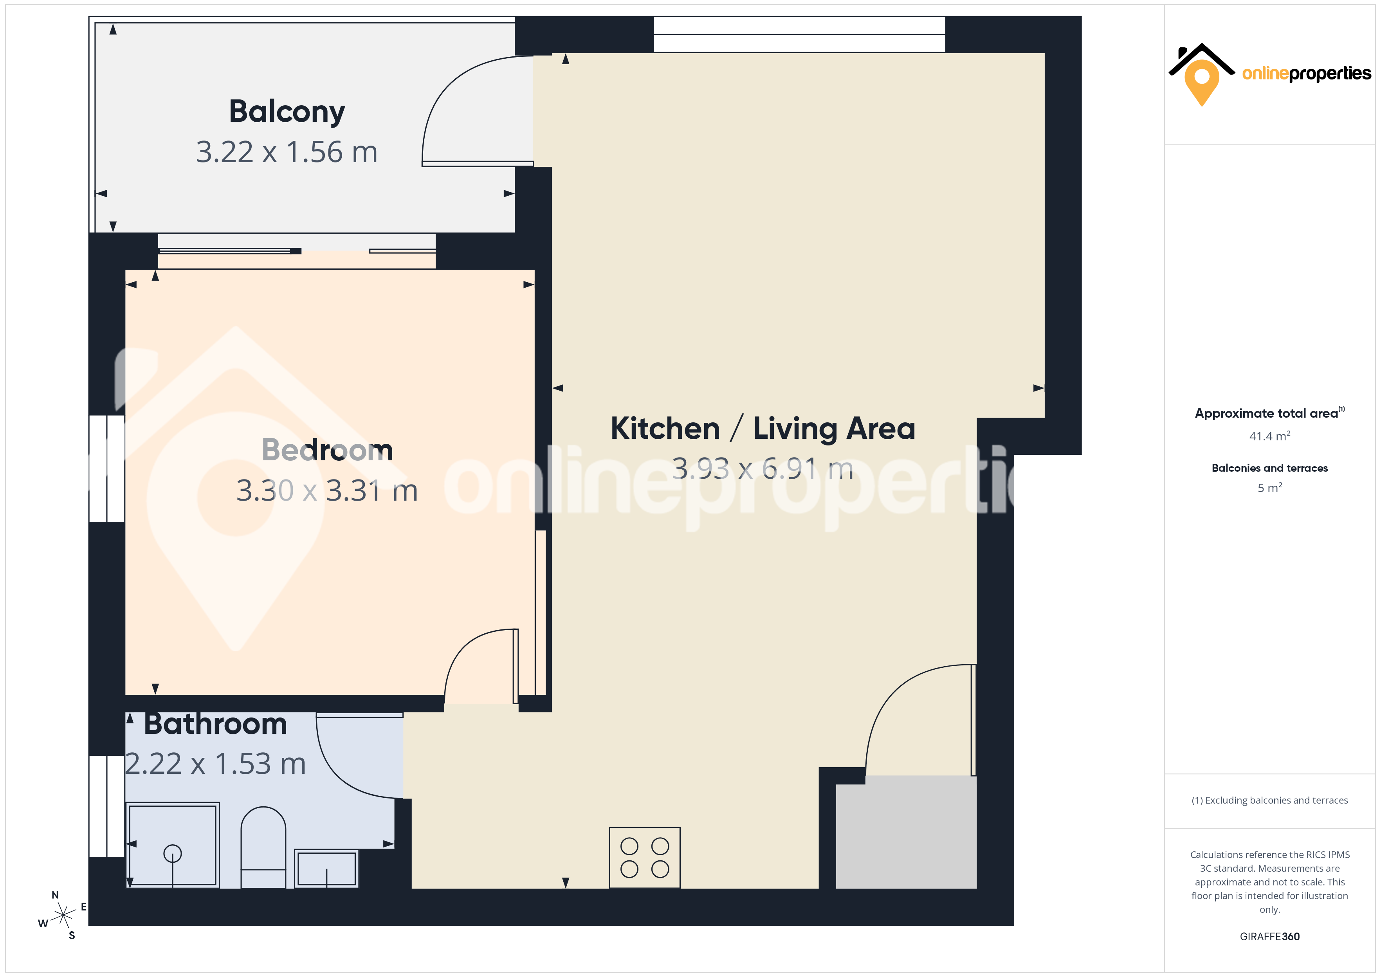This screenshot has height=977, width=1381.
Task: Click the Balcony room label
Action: coord(287,112)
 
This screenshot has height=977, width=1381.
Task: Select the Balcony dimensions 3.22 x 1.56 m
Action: coord(287,152)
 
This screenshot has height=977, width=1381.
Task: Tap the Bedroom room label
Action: coord(327,450)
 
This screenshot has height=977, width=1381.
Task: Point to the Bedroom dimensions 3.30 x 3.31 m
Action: coord(327,491)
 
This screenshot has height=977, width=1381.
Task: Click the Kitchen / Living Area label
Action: coord(763,429)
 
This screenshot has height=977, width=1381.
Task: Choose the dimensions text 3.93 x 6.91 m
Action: coord(763,469)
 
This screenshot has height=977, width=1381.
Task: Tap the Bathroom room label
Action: coord(215,724)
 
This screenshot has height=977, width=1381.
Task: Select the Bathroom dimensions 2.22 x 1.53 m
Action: coord(215,764)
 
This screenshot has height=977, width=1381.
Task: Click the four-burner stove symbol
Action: coord(645,857)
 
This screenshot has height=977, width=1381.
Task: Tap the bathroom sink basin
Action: coord(326,868)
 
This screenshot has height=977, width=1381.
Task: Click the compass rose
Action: coord(63,916)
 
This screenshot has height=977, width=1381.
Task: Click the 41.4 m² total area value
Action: coord(1270,436)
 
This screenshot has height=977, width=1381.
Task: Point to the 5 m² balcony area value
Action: coord(1270,488)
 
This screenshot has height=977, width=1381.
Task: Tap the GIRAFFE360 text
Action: coord(1270,937)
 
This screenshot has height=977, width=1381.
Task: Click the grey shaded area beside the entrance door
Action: coord(907,833)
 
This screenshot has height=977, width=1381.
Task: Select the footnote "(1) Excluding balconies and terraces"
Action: coord(1270,800)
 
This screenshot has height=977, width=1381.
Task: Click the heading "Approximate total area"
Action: coord(1267,413)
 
